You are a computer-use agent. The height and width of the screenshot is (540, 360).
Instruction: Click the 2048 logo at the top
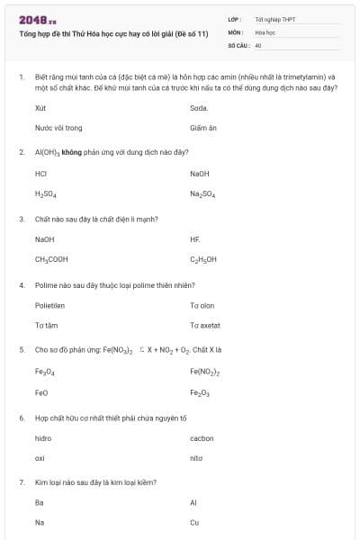[x=37, y=20]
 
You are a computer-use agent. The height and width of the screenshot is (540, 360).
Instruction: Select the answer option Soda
[x=199, y=107]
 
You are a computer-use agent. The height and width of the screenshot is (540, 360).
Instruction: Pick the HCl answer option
[x=40, y=173]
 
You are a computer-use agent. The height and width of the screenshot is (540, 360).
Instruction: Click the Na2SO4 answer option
[x=202, y=193]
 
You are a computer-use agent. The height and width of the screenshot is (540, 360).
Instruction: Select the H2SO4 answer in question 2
[x=44, y=193]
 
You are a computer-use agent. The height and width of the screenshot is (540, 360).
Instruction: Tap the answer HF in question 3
[x=195, y=239]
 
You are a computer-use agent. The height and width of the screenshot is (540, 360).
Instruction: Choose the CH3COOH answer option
[x=51, y=260]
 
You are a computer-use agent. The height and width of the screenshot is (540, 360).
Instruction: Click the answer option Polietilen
[x=49, y=305]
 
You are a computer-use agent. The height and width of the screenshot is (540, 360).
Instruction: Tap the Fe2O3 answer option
[x=200, y=392]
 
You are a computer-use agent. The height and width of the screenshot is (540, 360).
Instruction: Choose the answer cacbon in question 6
[x=202, y=438]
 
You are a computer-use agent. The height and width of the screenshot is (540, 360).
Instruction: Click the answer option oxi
[x=40, y=459]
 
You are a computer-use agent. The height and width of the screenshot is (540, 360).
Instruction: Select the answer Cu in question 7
[x=194, y=523]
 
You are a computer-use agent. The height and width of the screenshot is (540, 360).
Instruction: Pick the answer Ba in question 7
[x=40, y=503]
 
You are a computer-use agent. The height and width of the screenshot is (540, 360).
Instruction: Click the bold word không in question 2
[x=73, y=152]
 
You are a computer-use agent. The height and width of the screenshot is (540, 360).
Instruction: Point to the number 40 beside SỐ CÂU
[x=257, y=44]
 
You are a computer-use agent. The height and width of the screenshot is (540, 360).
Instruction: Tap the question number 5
[x=22, y=349]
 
